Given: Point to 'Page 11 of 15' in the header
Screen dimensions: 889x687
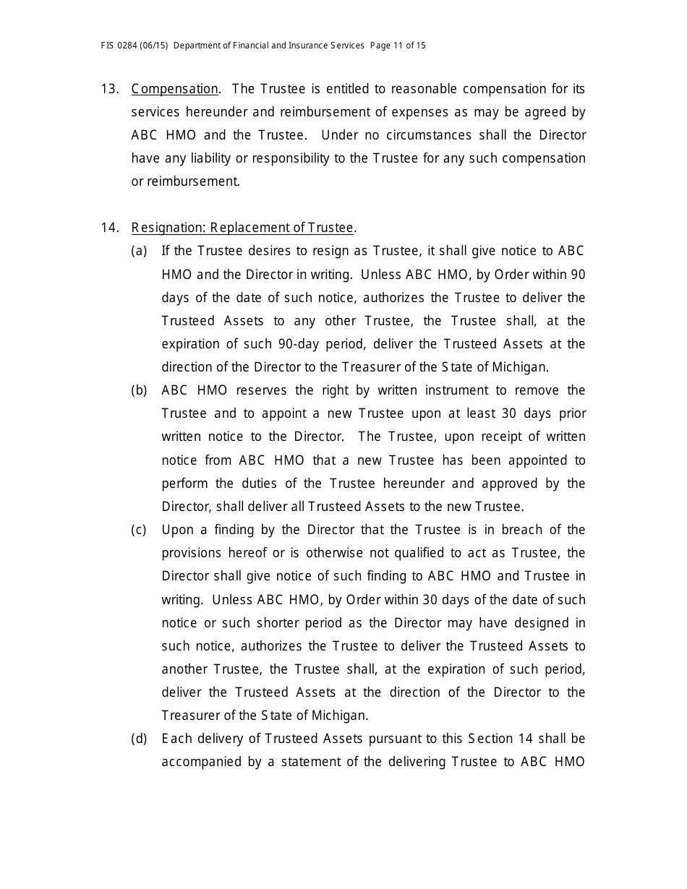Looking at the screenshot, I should click(x=398, y=46).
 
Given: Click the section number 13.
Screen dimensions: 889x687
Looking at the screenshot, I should click(x=109, y=89).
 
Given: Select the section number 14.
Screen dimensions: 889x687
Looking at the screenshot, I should click(x=109, y=228).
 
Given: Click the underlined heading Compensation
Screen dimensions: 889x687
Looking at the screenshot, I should click(x=174, y=89).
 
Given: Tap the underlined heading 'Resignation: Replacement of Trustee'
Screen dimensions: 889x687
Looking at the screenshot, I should click(x=242, y=228).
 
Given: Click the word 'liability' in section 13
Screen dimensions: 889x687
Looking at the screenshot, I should click(x=205, y=158).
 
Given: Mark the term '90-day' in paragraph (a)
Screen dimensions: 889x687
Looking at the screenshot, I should click(x=296, y=344).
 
